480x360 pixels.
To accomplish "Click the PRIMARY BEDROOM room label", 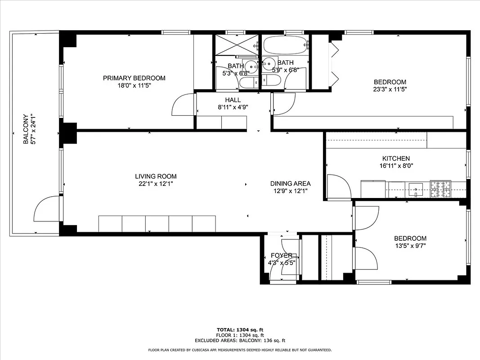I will click(134, 78).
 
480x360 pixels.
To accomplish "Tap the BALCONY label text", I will click(26, 129).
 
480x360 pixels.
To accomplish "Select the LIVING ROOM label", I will click(156, 176).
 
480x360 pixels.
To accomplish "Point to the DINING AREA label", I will click(290, 184).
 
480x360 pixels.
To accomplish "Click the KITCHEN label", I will click(396, 158).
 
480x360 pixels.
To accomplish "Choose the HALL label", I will click(233, 100).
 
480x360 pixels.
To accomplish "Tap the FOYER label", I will click(282, 256).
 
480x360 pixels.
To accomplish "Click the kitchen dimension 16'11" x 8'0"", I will click(396, 166).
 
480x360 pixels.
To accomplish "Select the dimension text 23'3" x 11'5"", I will click(390, 90).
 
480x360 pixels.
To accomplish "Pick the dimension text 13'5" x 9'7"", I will click(410, 246).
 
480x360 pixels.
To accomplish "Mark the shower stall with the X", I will click(236, 44).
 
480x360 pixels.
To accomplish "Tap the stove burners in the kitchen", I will click(440, 189).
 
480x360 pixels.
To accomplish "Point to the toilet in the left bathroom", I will click(248, 82).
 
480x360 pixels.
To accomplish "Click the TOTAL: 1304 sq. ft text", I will click(240, 330).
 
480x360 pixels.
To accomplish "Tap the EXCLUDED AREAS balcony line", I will click(240, 341).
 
